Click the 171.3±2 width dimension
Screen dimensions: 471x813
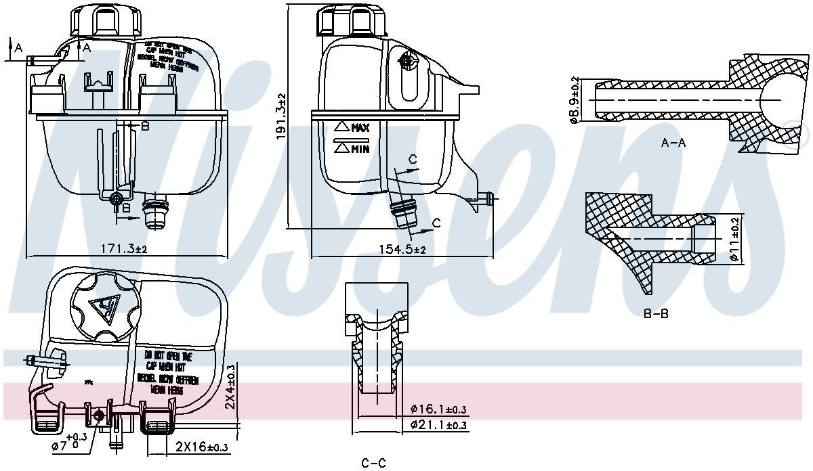pos(123,250)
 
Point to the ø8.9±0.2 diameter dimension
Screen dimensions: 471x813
pos(575,100)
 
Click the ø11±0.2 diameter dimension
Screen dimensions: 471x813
pos(734,240)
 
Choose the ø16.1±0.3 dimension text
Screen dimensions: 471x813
pos(439,409)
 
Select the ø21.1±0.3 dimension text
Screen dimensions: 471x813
pos(439,425)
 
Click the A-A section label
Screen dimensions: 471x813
pos(673,143)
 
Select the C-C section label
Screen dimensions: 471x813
pos(373,463)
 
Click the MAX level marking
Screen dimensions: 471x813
pos(352,127)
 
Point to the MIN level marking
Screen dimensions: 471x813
pos(352,148)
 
